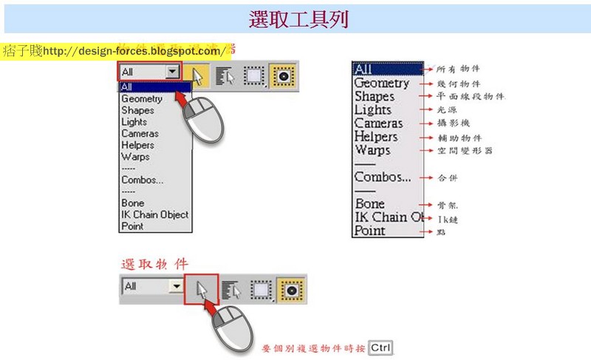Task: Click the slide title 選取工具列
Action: pos(298,19)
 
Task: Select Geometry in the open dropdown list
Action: pos(142,98)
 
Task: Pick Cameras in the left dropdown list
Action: pos(140,134)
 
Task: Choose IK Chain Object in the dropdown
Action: pos(154,214)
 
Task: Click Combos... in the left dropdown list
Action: pos(143,180)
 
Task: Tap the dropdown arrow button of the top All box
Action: pos(173,72)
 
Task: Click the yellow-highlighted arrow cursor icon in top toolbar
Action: pos(197,75)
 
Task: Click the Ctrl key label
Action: pos(380,347)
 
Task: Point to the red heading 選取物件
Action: pos(154,263)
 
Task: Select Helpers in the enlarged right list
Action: pos(376,137)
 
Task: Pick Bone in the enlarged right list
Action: pos(370,203)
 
